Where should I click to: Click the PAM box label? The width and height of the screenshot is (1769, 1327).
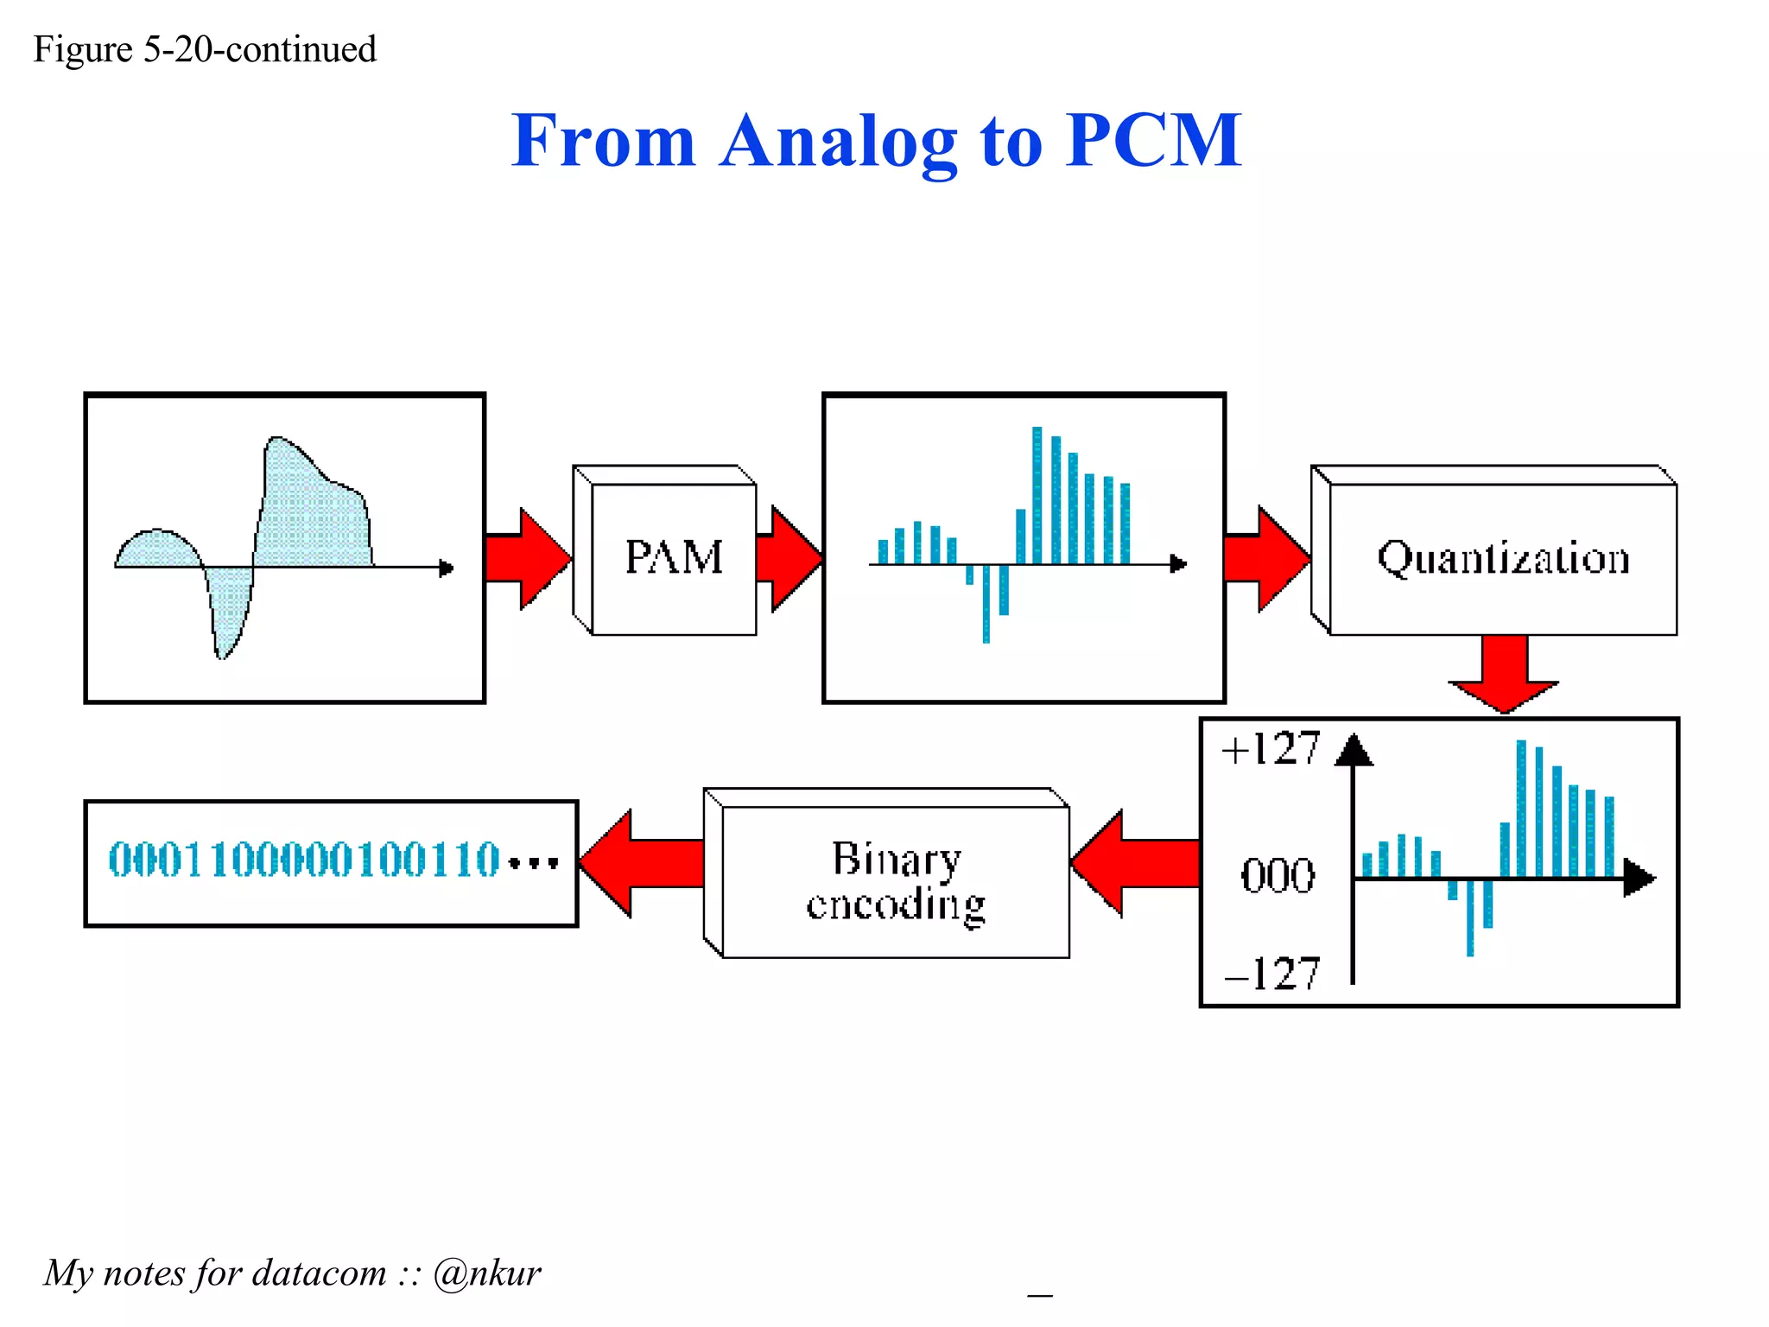pyautogui.click(x=673, y=557)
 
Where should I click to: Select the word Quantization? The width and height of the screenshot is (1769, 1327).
pyautogui.click(x=1503, y=558)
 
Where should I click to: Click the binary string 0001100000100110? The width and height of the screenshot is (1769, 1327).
pyautogui.click(x=304, y=860)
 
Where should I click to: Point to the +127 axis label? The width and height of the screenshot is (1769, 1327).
pyautogui.click(x=1270, y=748)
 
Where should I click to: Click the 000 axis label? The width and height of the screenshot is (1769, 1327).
pyautogui.click(x=1278, y=875)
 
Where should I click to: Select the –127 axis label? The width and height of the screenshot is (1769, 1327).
pyautogui.click(x=1271, y=974)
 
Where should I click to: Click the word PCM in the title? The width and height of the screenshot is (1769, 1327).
pyautogui.click(x=1153, y=140)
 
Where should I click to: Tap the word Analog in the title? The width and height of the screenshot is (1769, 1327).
pyautogui.click(x=838, y=140)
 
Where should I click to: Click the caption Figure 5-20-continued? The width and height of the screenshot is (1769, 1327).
pyautogui.click(x=205, y=49)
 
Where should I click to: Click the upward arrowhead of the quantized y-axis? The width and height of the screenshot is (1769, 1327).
pyautogui.click(x=1354, y=750)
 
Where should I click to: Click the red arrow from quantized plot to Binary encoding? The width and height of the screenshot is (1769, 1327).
pyautogui.click(x=1134, y=863)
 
